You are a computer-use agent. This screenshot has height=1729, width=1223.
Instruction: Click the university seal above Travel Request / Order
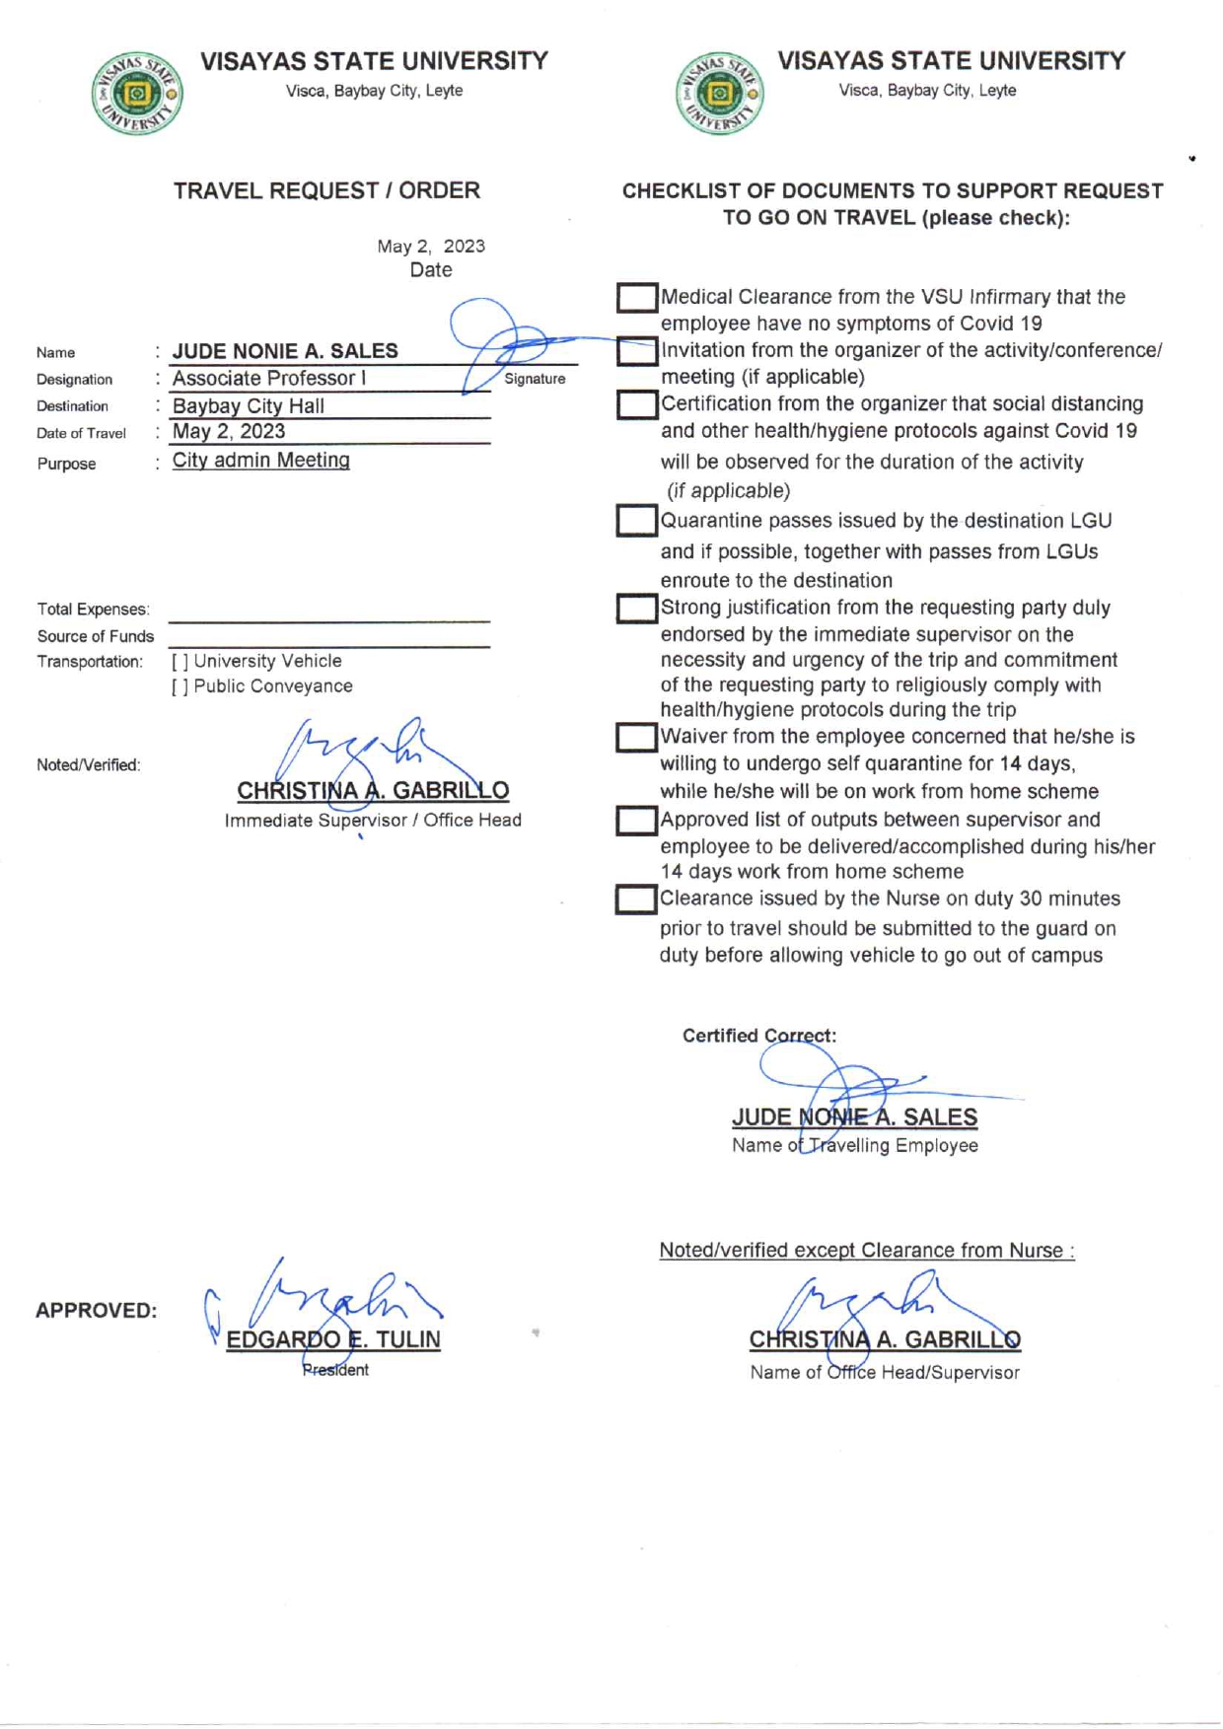coord(137,93)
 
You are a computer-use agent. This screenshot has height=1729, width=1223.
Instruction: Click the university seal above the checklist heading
coord(719,94)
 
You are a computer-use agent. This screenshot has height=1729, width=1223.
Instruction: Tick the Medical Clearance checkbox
coord(637,298)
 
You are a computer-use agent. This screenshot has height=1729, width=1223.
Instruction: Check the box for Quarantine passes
coord(637,521)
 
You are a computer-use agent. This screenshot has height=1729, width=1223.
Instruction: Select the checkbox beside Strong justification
coord(637,609)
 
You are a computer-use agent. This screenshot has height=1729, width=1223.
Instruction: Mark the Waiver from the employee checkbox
coord(637,738)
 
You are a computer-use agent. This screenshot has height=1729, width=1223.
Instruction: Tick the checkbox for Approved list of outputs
coord(637,821)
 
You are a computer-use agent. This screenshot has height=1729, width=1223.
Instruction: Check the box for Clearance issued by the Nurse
coord(636,900)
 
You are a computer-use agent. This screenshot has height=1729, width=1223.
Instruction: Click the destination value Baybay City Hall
coord(248,406)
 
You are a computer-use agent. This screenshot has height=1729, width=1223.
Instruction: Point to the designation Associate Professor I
coord(268,379)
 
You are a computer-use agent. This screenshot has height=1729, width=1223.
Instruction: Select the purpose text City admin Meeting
coord(260,461)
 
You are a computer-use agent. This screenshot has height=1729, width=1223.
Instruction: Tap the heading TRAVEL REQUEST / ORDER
coord(326,190)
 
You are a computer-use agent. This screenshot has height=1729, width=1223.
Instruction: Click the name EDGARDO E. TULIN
coord(333,1339)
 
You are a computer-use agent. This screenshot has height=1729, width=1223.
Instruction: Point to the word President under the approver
coord(335,1370)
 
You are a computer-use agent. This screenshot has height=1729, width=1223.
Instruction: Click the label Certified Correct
coord(758,1036)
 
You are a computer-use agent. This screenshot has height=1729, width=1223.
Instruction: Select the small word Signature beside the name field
coord(535,379)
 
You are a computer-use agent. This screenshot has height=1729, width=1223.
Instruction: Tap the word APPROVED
coord(96,1311)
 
